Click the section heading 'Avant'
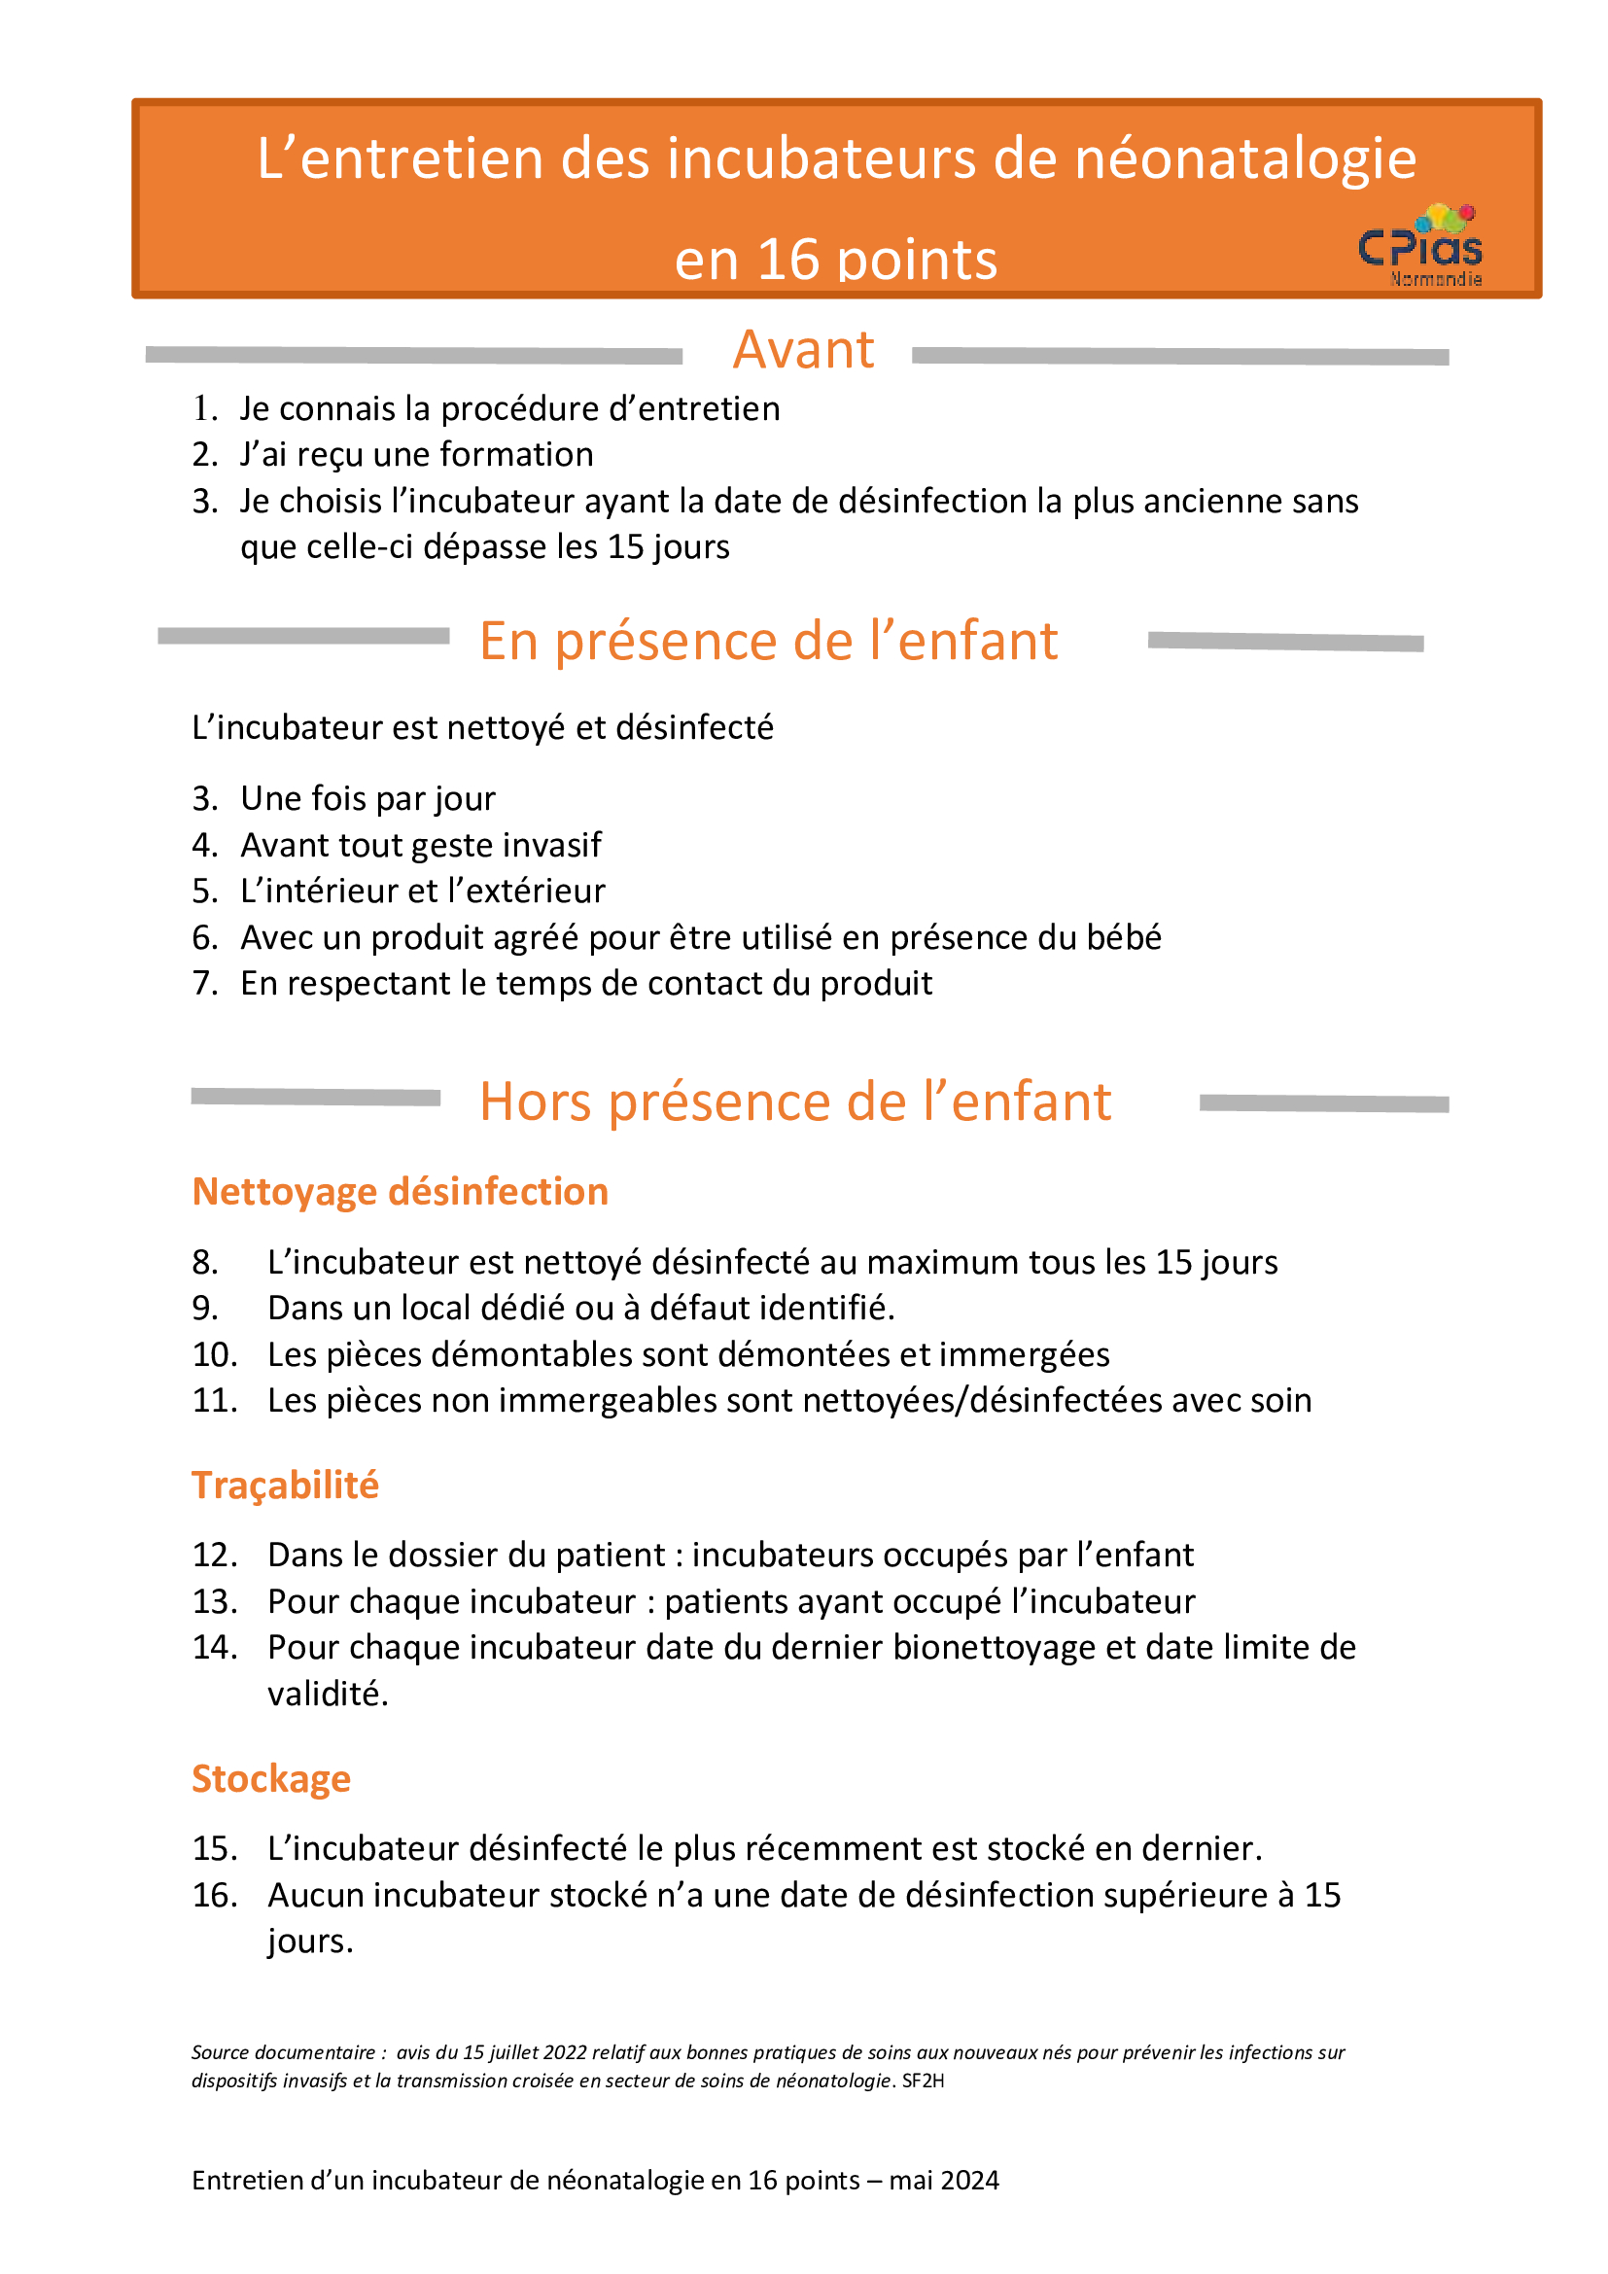coord(803,351)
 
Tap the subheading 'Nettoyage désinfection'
coord(400,1192)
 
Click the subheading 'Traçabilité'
coord(285,1486)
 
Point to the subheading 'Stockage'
coord(271,1779)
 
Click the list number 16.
coord(215,1896)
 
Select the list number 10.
coord(215,1355)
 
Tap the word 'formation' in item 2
coord(516,455)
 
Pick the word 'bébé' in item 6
coord(1124,938)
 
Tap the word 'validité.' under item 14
coord(328,1694)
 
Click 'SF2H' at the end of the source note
coord(923,2081)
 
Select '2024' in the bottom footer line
coord(969,2209)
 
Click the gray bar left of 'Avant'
coord(414,356)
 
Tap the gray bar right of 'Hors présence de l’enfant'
coord(1324,1103)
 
